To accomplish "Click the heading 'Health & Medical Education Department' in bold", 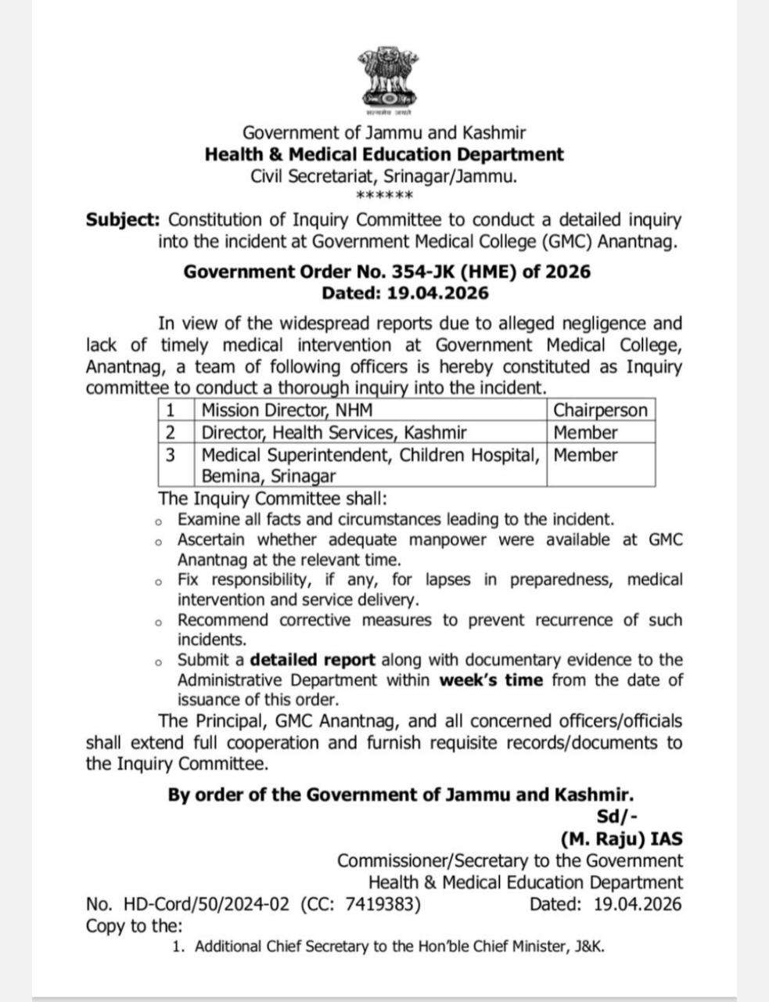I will (384, 154).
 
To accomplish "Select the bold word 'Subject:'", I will (122, 221).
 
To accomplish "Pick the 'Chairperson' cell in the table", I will (600, 410).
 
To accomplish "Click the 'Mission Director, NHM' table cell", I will (287, 410).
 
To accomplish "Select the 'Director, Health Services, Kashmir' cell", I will (334, 432).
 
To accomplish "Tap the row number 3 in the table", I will (172, 455).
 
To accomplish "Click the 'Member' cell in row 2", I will (585, 432).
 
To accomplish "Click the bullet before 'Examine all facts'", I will (158, 521).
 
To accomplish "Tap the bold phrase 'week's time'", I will (491, 680).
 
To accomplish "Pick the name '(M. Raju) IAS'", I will (621, 839).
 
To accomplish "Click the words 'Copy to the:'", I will (134, 926).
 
